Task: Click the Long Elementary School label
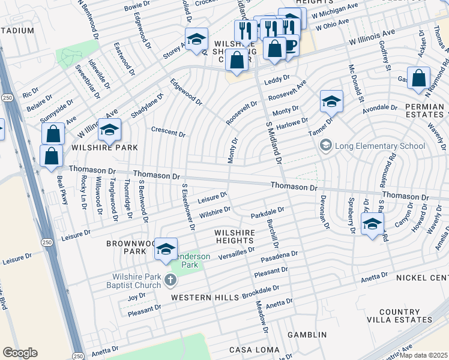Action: (380, 146)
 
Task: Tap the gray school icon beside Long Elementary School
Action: (326, 145)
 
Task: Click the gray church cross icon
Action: (171, 280)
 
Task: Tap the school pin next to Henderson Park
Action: (166, 250)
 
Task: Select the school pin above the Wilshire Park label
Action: (109, 130)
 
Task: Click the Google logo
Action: (20, 352)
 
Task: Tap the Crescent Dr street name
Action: (168, 132)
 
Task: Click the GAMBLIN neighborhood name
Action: (307, 334)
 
